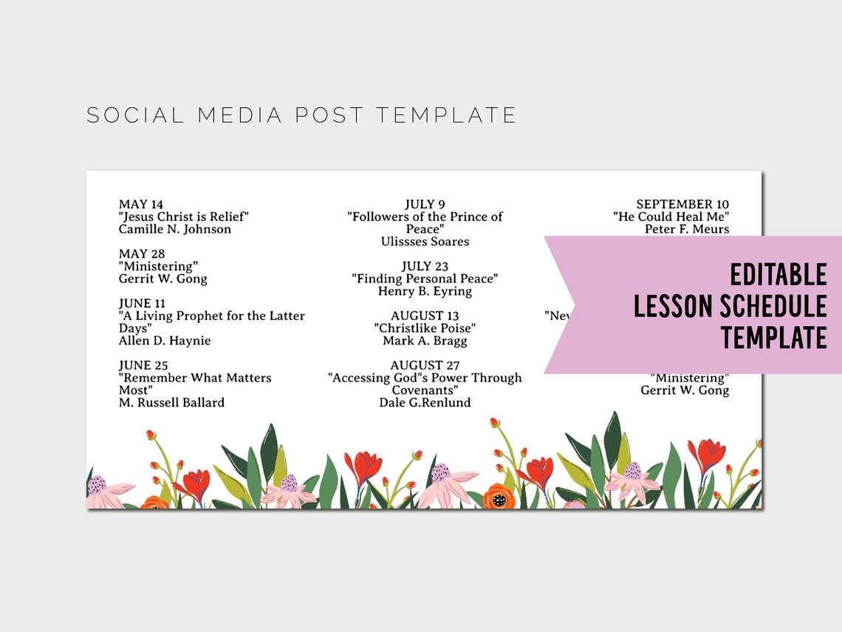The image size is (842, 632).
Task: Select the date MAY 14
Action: (x=141, y=204)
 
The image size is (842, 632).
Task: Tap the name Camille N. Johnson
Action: (x=175, y=229)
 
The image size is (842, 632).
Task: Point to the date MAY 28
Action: (x=142, y=254)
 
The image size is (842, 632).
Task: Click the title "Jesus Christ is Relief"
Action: (x=184, y=217)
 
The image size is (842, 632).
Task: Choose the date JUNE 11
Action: (x=142, y=303)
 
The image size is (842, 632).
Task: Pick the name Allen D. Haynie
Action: (x=165, y=341)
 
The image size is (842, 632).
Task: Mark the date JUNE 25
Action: (x=143, y=365)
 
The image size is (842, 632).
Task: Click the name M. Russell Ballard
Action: (x=171, y=403)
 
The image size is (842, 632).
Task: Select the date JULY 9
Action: (x=425, y=204)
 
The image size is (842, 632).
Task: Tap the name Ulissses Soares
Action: (x=425, y=242)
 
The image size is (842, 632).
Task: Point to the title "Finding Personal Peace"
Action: (x=425, y=279)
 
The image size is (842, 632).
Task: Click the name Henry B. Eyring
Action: (x=425, y=291)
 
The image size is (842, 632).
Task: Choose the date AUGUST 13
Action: (x=425, y=316)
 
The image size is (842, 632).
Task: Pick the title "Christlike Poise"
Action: (x=425, y=328)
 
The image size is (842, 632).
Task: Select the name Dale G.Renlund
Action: (x=425, y=403)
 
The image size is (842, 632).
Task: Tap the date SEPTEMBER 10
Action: (x=682, y=204)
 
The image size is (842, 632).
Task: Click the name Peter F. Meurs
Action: (x=687, y=229)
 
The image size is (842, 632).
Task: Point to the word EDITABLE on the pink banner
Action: (x=778, y=275)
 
